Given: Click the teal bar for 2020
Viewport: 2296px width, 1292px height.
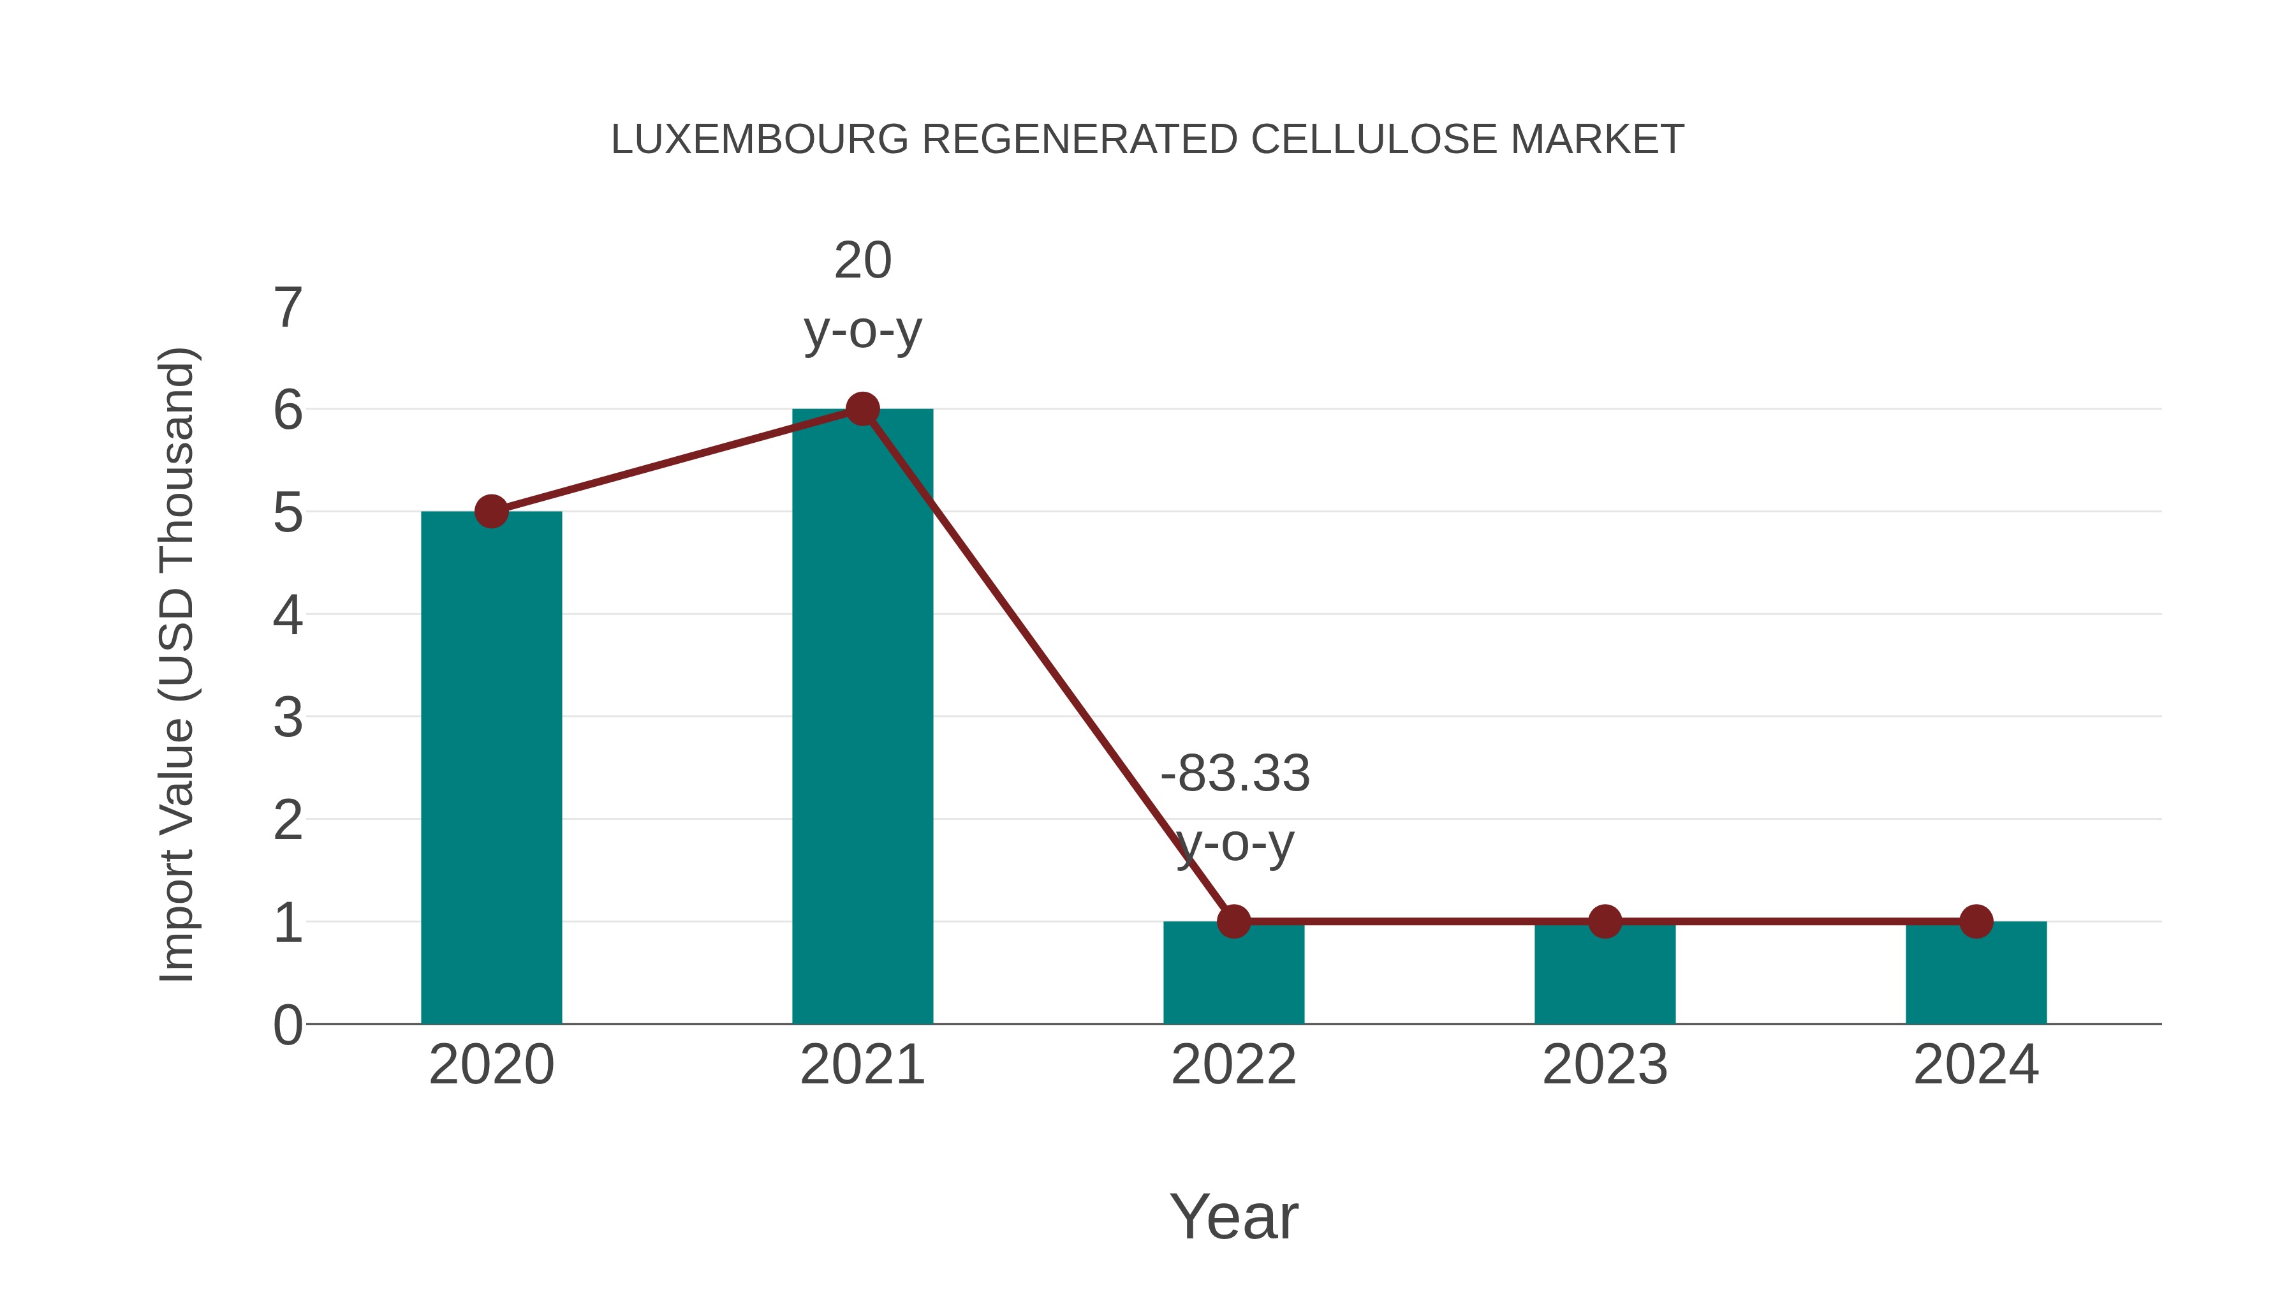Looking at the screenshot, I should click(491, 767).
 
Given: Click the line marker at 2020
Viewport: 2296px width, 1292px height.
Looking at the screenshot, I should click(491, 512).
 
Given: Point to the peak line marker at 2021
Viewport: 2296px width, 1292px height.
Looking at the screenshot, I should click(862, 409).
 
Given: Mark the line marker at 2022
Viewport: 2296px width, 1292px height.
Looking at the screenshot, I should click(1233, 921).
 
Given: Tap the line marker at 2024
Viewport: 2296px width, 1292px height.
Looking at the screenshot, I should click(1976, 921).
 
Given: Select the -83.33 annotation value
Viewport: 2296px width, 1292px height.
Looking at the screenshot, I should click(1235, 773).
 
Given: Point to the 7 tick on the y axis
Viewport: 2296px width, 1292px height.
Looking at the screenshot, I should click(288, 309).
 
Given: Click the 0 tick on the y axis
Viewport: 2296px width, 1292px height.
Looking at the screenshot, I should click(288, 1025).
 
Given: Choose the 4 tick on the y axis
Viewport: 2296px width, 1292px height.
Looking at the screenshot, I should click(288, 615).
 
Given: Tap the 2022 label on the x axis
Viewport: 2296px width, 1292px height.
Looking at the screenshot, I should click(1233, 1065).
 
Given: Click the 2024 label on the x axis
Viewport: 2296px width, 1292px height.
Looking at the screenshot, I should click(1976, 1065).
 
